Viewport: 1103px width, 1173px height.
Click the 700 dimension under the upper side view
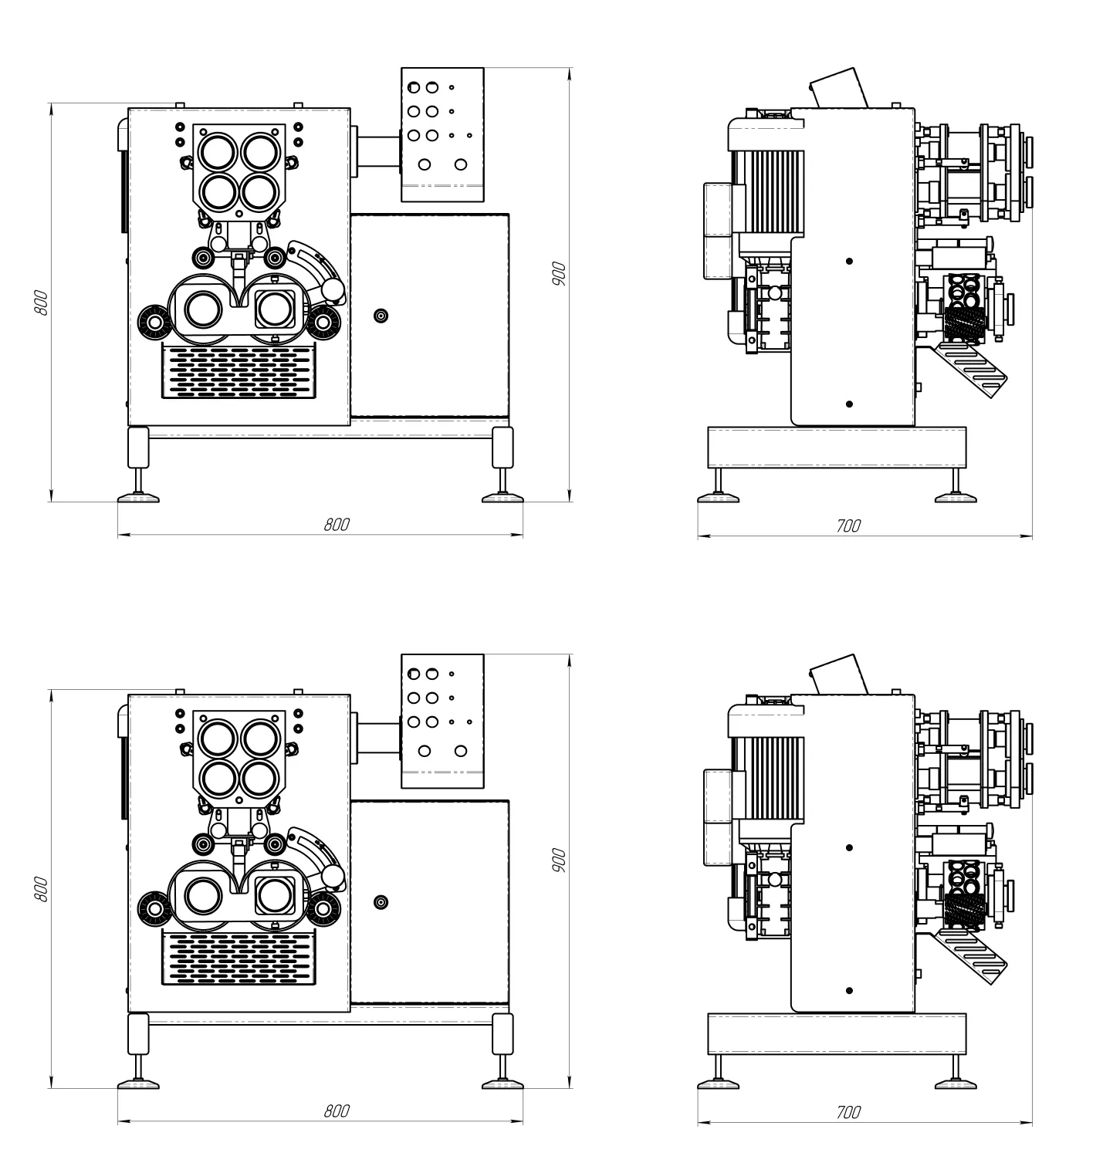[848, 526]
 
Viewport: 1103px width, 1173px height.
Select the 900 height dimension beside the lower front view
[560, 860]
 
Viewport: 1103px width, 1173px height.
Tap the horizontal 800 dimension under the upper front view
[337, 525]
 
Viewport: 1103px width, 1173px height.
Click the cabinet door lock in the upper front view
[380, 316]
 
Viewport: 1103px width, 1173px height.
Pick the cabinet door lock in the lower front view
[380, 902]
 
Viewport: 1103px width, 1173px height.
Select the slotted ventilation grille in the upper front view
[239, 371]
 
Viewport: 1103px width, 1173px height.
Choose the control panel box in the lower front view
[442, 721]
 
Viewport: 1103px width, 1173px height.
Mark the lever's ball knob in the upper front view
[333, 289]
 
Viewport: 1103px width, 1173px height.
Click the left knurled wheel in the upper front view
[154, 322]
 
